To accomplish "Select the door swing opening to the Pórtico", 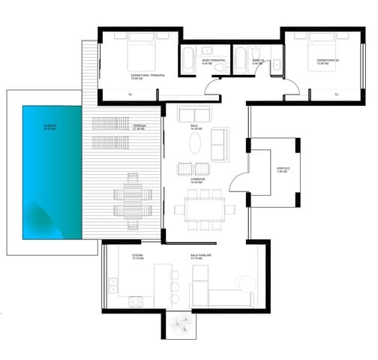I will (240, 180).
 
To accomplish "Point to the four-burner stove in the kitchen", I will (136, 301).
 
